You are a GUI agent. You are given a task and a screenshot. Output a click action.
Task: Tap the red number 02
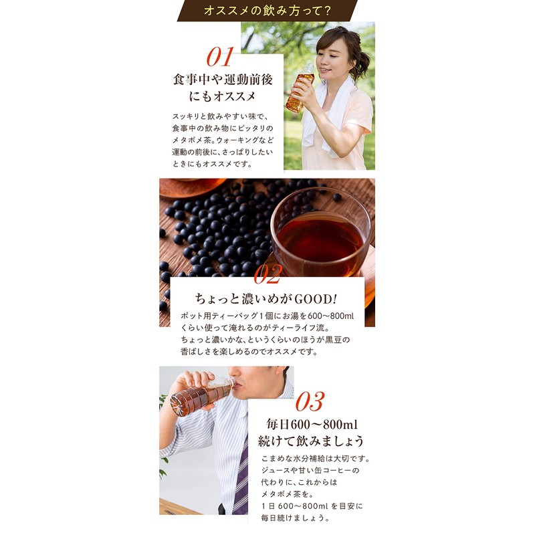(267, 274)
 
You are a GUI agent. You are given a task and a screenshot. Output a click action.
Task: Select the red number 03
(308, 402)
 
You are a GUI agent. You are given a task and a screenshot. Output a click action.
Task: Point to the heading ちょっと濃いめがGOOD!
(267, 299)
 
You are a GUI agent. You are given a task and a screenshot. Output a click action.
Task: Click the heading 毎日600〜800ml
(312, 423)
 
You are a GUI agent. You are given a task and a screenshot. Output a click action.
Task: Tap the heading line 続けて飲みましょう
(312, 441)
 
